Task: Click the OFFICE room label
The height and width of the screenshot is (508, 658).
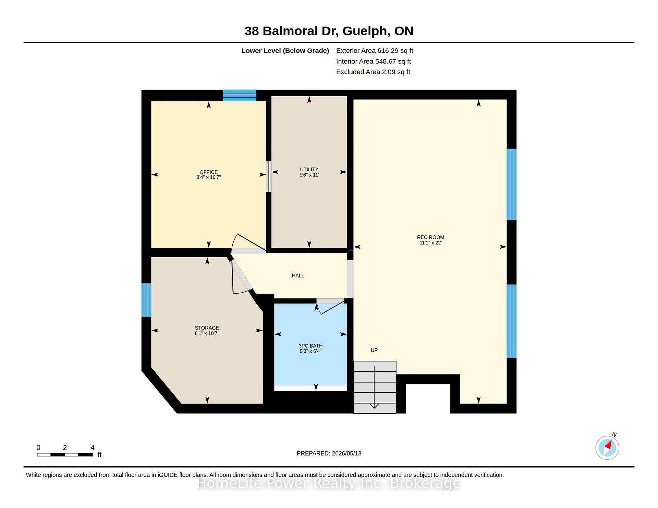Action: (x=209, y=172)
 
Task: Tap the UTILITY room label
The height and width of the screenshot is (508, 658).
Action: (x=309, y=169)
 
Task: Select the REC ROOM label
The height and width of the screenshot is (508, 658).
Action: (x=430, y=237)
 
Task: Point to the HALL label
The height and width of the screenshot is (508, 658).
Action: (x=298, y=275)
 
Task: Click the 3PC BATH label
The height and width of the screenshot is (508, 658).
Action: (x=310, y=346)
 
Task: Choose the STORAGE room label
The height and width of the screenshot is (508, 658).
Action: (x=207, y=328)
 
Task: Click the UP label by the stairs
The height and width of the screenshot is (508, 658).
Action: (x=374, y=350)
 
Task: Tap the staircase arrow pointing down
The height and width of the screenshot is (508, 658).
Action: (x=374, y=387)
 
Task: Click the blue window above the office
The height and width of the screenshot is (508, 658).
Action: (x=240, y=95)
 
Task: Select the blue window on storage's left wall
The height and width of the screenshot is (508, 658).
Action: (x=146, y=300)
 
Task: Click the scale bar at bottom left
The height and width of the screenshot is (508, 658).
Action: (x=65, y=455)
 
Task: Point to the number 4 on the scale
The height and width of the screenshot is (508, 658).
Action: (x=93, y=447)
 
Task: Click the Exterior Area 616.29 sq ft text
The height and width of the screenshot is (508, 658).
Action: (x=375, y=51)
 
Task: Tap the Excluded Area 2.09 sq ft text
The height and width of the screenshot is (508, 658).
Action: (x=373, y=72)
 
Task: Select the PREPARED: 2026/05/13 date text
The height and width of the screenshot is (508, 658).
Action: (x=329, y=453)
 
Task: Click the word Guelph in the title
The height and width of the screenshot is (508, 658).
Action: (x=366, y=31)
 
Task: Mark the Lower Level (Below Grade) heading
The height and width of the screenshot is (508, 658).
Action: (x=285, y=51)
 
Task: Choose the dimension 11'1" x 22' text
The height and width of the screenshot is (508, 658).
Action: (x=430, y=243)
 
